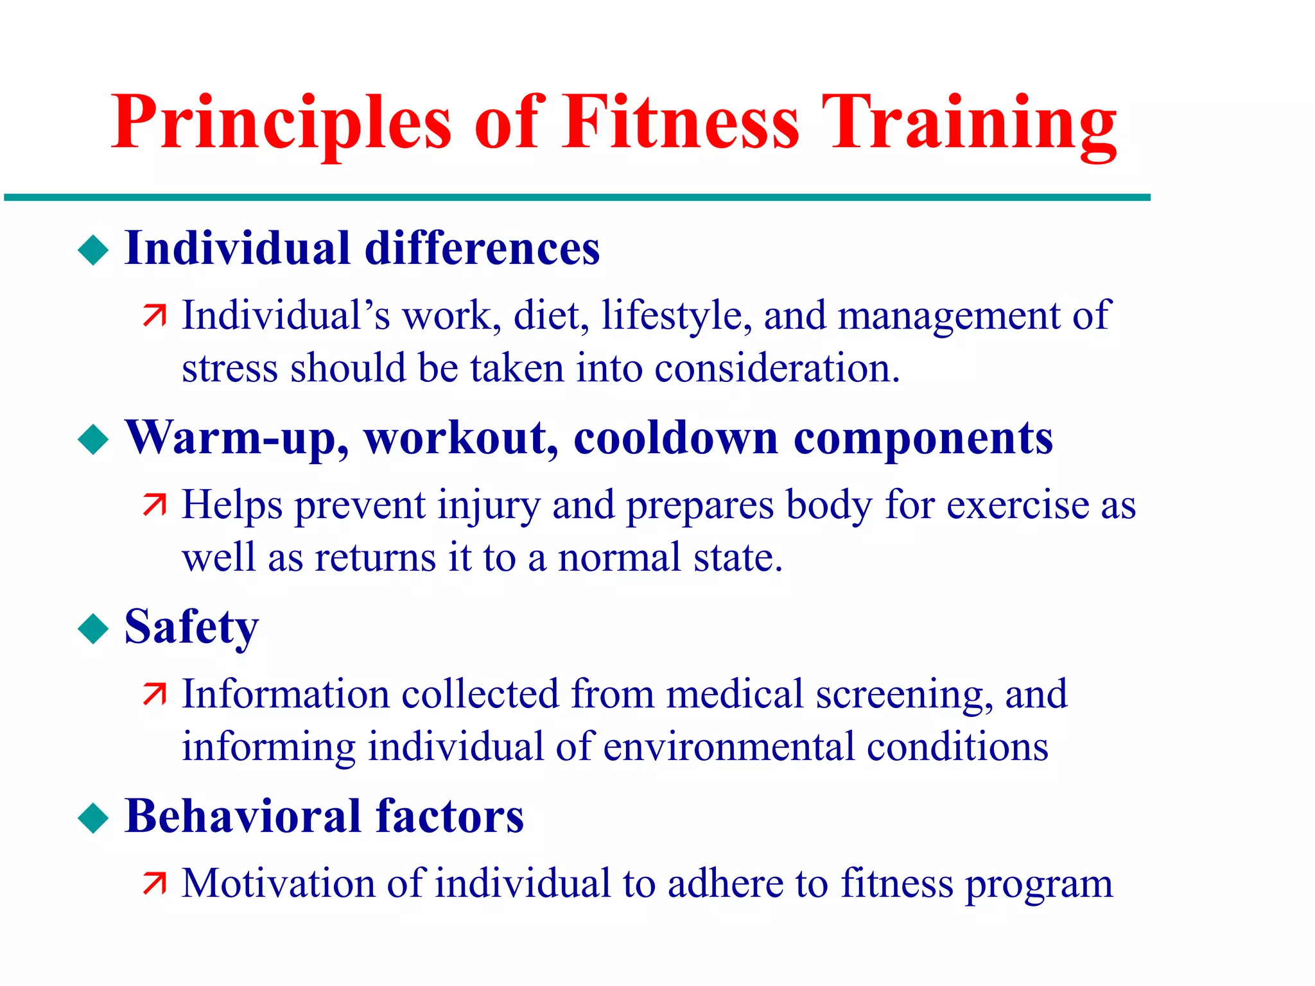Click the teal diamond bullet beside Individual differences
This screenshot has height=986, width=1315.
[x=94, y=250]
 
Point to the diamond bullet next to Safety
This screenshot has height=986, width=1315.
[x=94, y=628]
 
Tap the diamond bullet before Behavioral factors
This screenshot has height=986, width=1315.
[x=94, y=818]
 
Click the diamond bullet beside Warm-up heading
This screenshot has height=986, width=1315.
[x=94, y=440]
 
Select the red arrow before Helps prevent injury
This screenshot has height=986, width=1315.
[x=155, y=505]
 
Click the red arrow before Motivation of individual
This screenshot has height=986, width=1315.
[x=155, y=884]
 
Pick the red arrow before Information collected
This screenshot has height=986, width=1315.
[x=155, y=695]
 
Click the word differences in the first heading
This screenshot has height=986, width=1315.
[x=482, y=248]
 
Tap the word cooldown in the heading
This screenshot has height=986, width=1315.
[x=675, y=438]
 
